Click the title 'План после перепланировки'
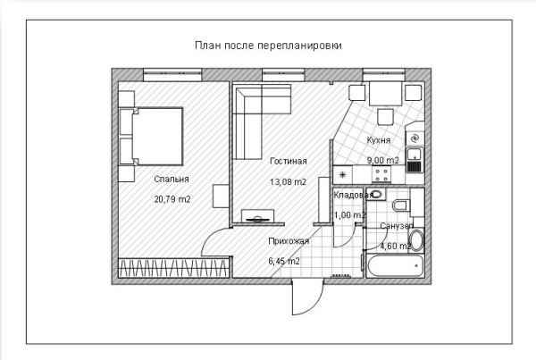(268, 45)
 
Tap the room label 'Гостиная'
(288, 162)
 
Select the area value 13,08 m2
(288, 181)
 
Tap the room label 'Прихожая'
(288, 241)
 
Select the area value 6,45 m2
(284, 261)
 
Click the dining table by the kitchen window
(386, 93)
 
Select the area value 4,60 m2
(395, 246)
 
